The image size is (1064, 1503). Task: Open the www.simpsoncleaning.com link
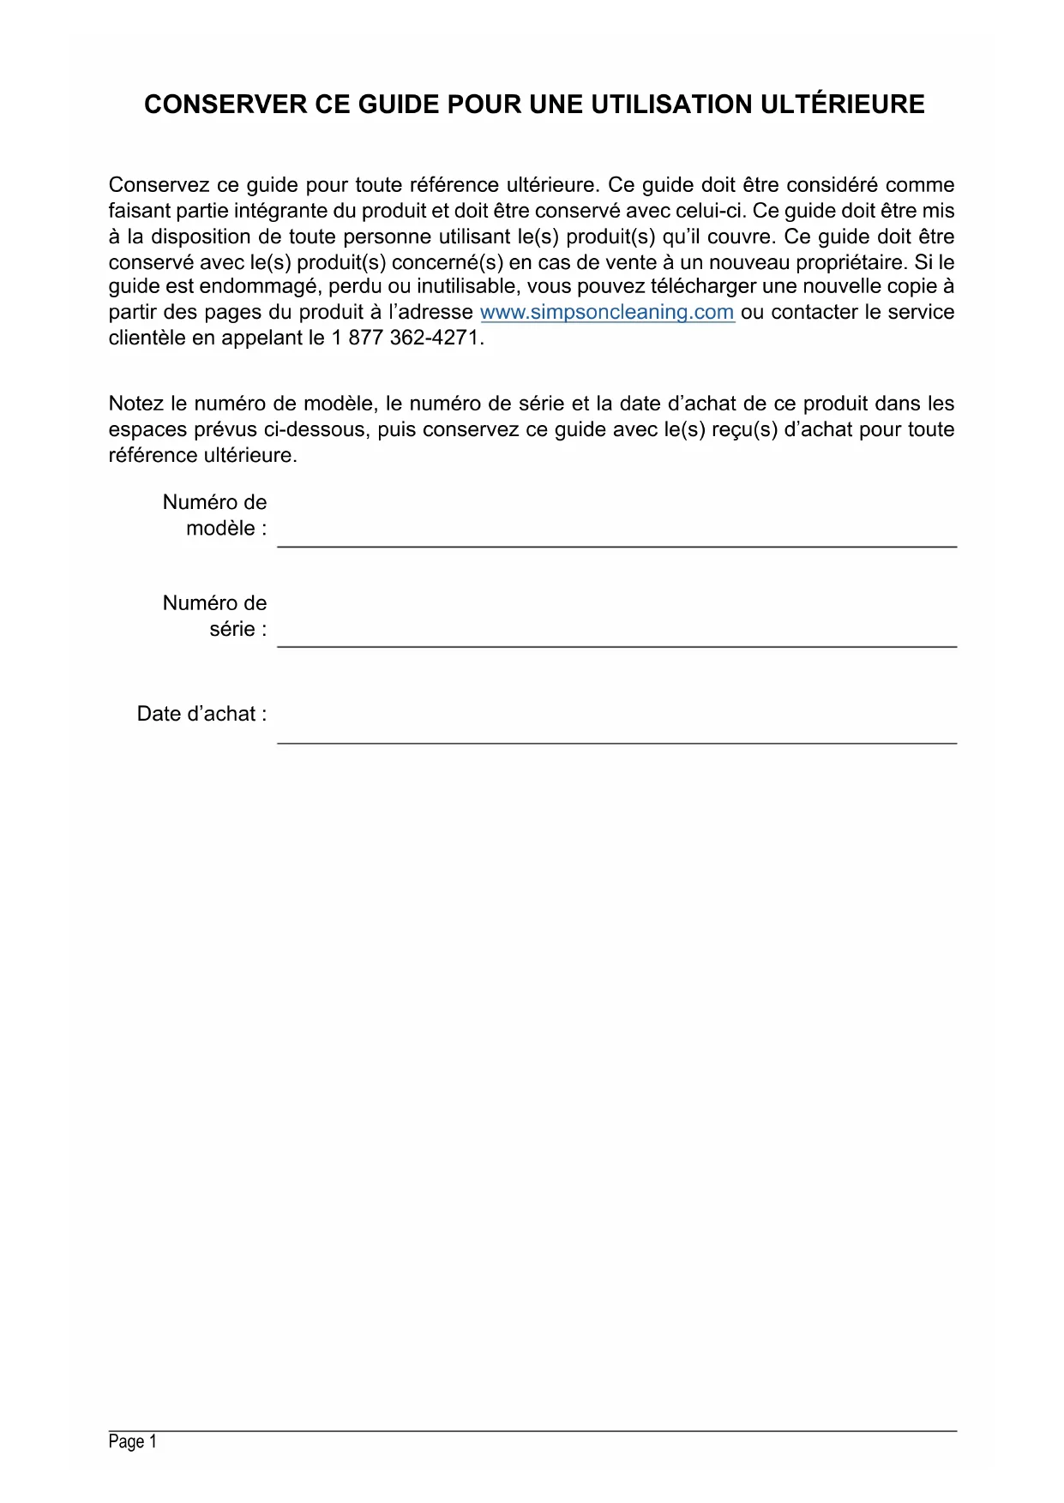click(607, 312)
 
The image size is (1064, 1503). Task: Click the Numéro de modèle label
click(215, 515)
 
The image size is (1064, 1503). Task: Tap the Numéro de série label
click(215, 616)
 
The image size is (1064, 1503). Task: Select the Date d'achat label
click(202, 714)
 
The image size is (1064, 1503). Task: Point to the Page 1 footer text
click(133, 1442)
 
